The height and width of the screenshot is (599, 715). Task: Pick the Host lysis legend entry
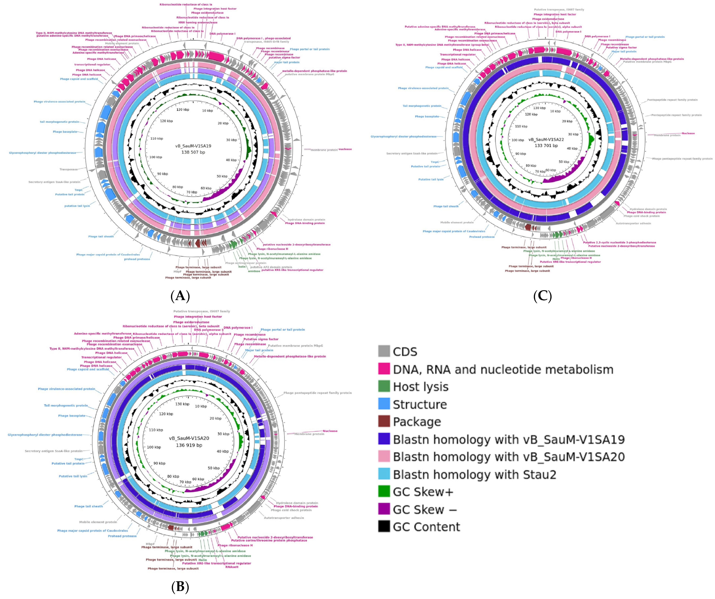click(x=420, y=387)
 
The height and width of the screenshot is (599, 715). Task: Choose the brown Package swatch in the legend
click(x=384, y=422)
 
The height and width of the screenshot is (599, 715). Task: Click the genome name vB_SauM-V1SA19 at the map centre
click(x=193, y=146)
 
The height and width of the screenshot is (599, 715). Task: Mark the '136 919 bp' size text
click(x=189, y=445)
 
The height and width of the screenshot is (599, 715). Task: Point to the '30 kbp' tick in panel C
click(x=573, y=134)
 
